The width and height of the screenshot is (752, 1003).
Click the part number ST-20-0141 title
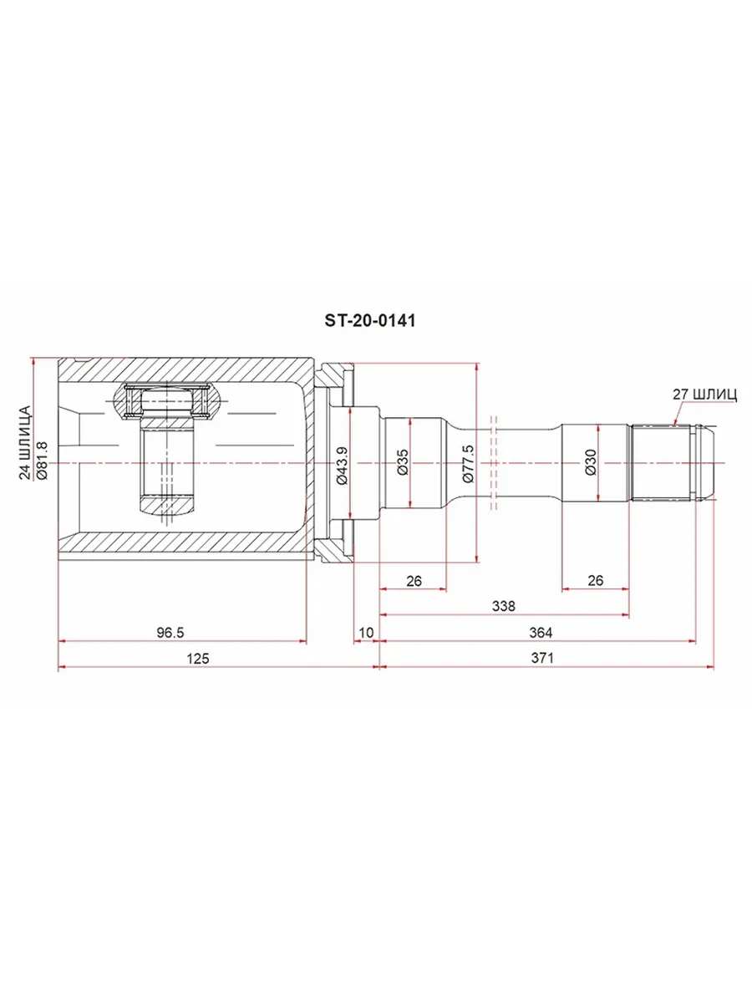[x=370, y=321]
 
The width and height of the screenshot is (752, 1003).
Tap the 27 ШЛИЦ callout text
[x=704, y=395]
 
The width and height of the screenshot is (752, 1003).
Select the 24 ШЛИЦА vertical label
[x=25, y=443]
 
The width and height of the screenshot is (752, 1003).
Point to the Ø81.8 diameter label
[x=42, y=461]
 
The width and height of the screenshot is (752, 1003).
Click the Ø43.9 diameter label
[x=342, y=466]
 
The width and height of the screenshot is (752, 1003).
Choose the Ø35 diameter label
[x=404, y=462]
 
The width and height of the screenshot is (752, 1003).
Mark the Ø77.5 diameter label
[x=469, y=464]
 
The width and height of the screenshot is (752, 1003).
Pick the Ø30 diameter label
[x=591, y=462]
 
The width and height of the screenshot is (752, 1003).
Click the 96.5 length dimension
[x=170, y=633]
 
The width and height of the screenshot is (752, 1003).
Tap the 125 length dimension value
[x=198, y=659]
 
